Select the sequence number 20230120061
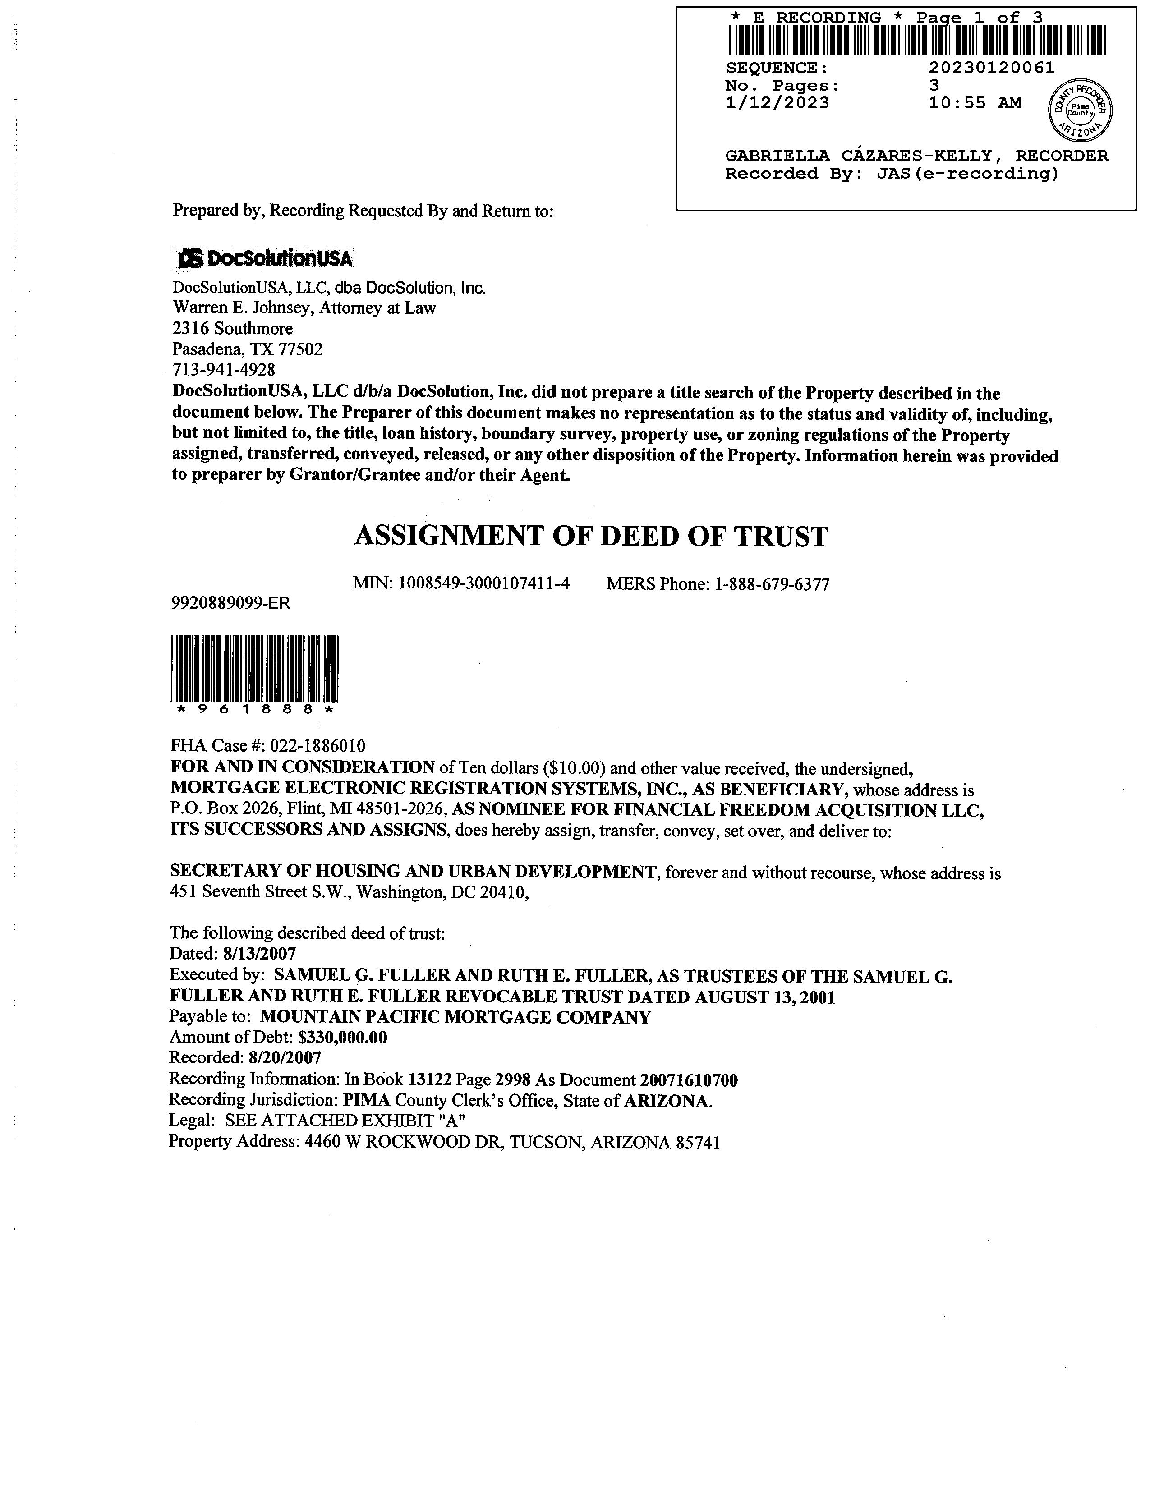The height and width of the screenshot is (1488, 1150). pyautogui.click(x=991, y=68)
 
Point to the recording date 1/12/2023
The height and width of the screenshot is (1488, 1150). pyautogui.click(x=777, y=103)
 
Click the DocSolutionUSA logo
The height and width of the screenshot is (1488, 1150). pyautogui.click(x=265, y=259)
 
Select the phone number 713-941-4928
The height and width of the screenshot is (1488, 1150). pyautogui.click(x=224, y=370)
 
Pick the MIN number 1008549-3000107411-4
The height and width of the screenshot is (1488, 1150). pyautogui.click(x=484, y=584)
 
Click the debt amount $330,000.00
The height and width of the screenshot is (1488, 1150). pyautogui.click(x=343, y=1038)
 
